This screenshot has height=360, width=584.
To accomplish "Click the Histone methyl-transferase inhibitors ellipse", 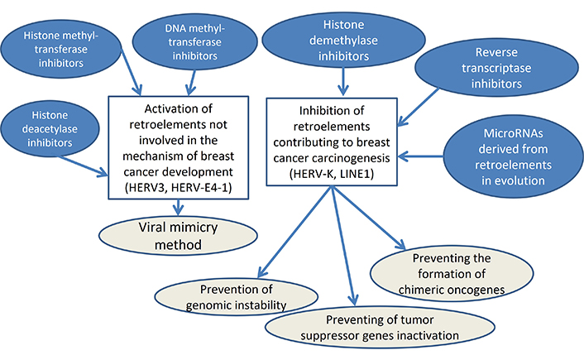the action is [x=60, y=49].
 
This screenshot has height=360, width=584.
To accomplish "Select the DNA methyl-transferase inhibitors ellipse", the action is [x=194, y=41].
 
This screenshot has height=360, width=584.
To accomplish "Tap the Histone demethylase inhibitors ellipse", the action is [x=343, y=41].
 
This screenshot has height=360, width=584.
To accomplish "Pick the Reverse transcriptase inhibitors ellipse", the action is [x=496, y=68].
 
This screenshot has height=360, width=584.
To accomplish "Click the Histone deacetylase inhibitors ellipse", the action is [x=50, y=128].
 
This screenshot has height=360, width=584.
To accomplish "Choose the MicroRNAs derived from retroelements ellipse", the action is [x=513, y=156].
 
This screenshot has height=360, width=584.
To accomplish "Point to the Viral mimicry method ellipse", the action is [x=178, y=236].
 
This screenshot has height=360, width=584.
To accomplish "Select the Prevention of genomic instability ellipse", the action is [x=236, y=297].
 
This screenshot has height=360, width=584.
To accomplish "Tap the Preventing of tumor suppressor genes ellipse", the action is [x=380, y=328].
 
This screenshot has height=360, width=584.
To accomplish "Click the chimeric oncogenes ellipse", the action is [x=452, y=274].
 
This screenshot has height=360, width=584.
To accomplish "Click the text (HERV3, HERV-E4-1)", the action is [x=179, y=188].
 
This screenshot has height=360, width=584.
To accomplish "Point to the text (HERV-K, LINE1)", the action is [x=332, y=174].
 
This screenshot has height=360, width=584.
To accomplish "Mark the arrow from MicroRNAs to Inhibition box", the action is [x=420, y=156].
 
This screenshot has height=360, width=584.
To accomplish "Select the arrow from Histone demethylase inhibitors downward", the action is [x=343, y=81].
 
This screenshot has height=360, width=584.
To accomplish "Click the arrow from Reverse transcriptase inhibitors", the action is [x=419, y=108].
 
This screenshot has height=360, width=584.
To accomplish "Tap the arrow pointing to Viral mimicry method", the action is [x=179, y=207].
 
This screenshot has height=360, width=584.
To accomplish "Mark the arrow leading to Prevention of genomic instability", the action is [x=294, y=233].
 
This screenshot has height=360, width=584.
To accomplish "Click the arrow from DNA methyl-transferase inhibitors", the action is [x=191, y=83].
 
